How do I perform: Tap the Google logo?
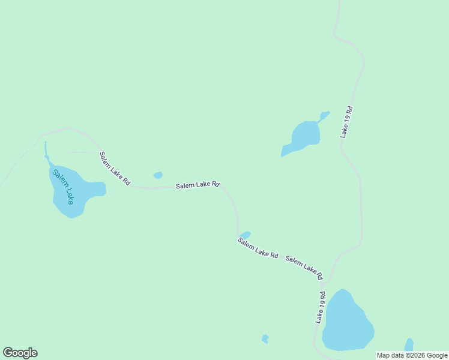20,353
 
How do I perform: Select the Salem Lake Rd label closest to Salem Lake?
115,168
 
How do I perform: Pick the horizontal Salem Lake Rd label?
197,185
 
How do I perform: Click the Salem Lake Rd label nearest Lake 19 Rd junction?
304,268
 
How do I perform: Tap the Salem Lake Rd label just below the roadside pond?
258,248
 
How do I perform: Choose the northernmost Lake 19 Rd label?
346,122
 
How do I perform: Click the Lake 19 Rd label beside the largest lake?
321,307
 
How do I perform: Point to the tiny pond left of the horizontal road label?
158,175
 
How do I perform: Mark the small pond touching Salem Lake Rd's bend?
245,235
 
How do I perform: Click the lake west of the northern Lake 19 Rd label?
303,137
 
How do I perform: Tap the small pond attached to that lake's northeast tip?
325,115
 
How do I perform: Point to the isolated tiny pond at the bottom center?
265,339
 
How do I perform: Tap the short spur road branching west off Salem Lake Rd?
81,152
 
